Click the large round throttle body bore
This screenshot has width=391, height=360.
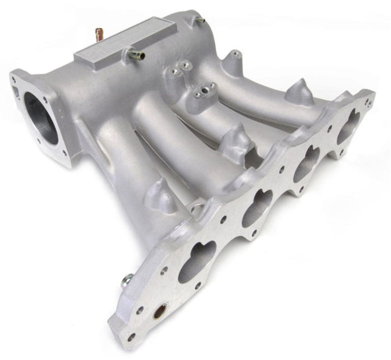coord(41,120)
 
